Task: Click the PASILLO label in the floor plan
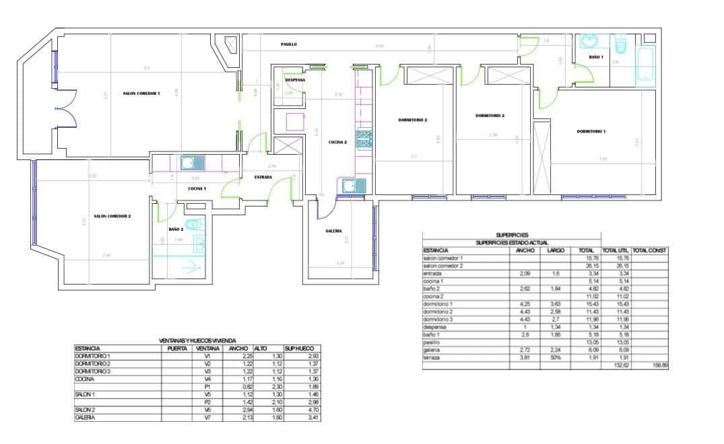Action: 289,44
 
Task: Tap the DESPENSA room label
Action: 295,80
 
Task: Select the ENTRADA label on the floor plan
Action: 263,177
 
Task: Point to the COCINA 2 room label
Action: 337,143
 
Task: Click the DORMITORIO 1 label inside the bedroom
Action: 591,131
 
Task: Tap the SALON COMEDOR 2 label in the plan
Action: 112,216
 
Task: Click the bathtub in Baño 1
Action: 645,67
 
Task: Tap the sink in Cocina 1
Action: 188,162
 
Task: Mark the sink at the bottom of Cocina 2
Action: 350,186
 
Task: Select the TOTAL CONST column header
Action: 649,250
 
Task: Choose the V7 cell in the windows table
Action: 207,418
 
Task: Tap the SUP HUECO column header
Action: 297,348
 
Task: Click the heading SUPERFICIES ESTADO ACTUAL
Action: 511,242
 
